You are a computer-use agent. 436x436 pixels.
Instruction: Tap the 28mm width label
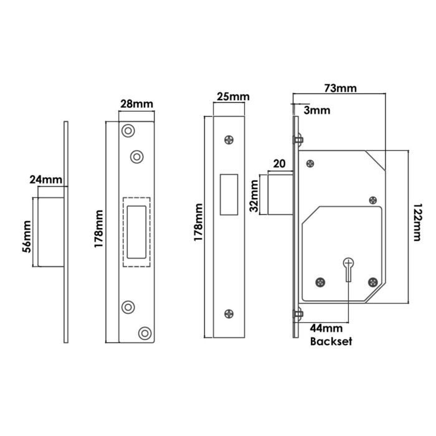pos(136,103)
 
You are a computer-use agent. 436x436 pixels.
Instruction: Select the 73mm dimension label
pos(340,88)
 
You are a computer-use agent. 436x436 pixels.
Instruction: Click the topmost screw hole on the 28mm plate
pos(128,131)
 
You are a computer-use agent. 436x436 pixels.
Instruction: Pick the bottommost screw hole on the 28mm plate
pos(145,333)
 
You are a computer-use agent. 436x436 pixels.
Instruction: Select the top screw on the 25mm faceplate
pos(230,140)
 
